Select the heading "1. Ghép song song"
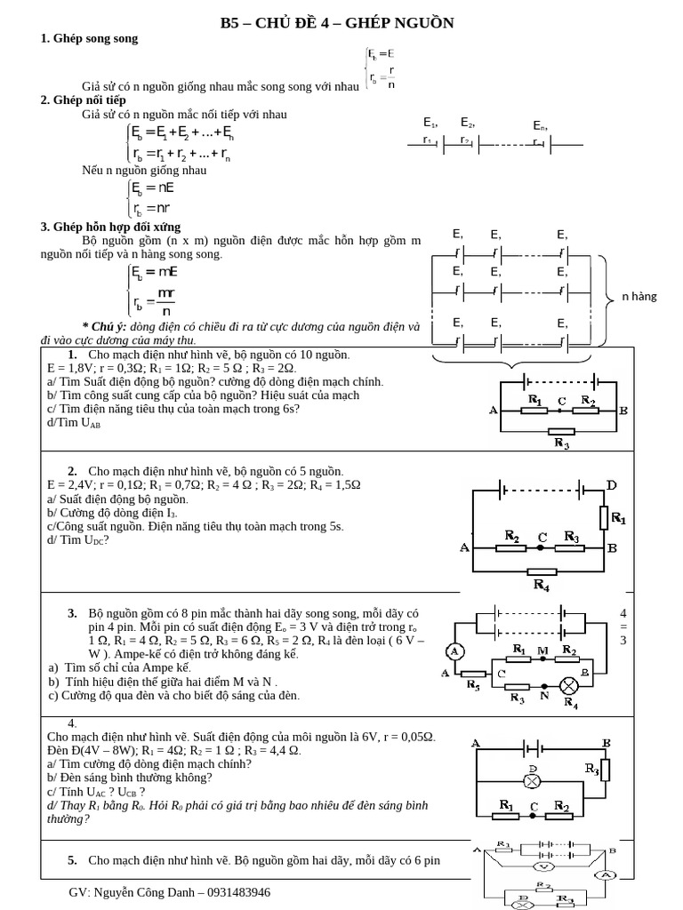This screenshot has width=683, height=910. (x=89, y=39)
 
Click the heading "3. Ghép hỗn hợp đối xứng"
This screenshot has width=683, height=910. (x=110, y=227)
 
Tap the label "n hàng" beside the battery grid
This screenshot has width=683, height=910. (x=639, y=296)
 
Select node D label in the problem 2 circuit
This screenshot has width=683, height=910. (x=611, y=484)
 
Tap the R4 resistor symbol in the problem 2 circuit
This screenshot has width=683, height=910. (x=542, y=571)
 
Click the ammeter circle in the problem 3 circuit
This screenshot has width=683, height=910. (x=454, y=651)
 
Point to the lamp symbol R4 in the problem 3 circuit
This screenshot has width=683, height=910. (x=568, y=685)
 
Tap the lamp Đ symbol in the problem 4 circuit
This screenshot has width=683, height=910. (x=531, y=781)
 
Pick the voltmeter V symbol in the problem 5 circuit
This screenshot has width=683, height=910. (x=542, y=865)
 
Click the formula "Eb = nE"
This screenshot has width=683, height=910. (x=153, y=188)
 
